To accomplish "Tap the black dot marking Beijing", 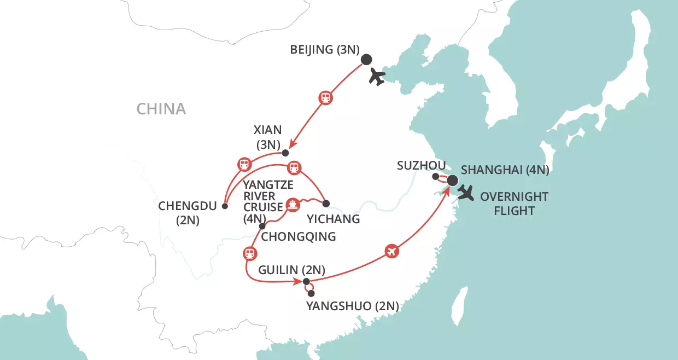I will click(366, 60).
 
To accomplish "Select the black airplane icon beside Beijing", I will click(377, 77).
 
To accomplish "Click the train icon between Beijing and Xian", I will click(325, 98).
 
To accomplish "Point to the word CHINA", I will click(161, 109).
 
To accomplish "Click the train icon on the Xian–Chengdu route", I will click(244, 164).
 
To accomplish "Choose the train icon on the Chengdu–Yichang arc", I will click(294, 168).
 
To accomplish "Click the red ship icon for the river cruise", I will click(293, 205).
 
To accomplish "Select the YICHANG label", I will click(334, 219).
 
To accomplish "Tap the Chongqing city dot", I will click(262, 226).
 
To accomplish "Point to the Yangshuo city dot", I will click(311, 294).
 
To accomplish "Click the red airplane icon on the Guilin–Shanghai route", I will click(391, 251).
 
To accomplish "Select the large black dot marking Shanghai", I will click(452, 180).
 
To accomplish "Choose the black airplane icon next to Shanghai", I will click(466, 193).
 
